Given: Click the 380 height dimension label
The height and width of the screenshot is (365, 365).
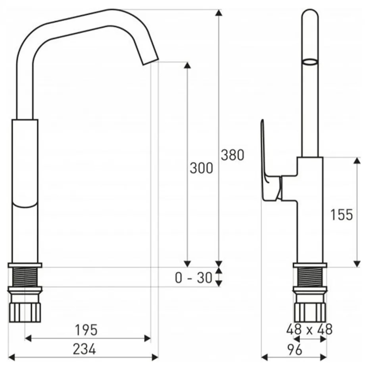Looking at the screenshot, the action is point(232,155).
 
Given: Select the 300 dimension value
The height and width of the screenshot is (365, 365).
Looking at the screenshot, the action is point(202,168).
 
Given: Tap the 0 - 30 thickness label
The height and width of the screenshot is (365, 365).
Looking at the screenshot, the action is point(194,278).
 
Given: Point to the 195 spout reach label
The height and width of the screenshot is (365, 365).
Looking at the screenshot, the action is point(86,330).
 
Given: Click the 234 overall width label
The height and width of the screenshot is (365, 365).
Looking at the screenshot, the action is point(84,349).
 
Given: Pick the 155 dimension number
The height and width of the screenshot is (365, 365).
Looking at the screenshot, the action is point(342,215).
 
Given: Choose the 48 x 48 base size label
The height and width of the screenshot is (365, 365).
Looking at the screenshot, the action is point(309,330).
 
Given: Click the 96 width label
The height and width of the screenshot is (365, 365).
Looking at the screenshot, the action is point(294,350).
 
